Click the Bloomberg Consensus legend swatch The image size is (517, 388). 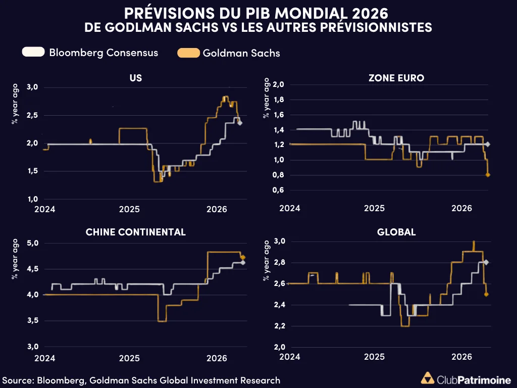(33, 52)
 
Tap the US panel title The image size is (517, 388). (136, 78)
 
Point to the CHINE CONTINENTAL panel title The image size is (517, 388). (136, 232)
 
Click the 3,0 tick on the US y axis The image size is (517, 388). (32, 87)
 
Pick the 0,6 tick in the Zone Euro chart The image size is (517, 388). (278, 190)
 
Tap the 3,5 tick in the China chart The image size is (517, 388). (32, 321)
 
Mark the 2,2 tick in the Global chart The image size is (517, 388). (278, 326)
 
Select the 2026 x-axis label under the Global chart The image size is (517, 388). (461, 357)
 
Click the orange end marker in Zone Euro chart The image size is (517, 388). (488, 175)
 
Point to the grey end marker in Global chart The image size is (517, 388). (486, 262)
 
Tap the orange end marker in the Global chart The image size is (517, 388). (486, 294)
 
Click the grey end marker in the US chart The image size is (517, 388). (240, 123)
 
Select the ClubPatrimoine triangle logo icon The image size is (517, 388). (428, 379)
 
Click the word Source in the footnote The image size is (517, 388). (18, 380)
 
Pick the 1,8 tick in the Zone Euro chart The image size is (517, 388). (278, 100)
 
